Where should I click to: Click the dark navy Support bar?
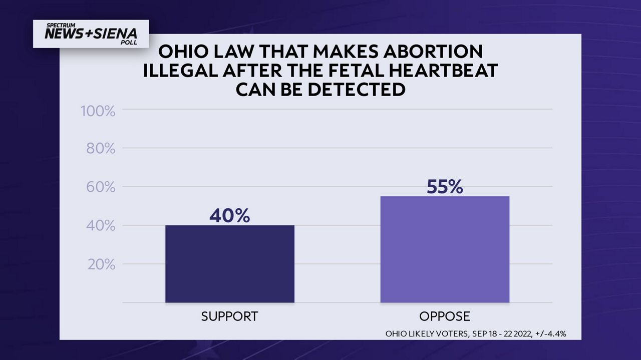coord(230,264)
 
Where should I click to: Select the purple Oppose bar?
coord(445,249)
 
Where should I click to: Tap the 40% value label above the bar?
coord(229,216)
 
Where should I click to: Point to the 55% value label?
coord(445,187)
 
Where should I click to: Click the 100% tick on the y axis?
coord(98,111)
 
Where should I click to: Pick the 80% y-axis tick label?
coord(101,149)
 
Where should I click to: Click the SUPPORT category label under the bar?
coord(229,316)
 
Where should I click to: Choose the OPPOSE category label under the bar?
coord(445,316)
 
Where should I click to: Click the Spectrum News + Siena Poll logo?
coord(91,34)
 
